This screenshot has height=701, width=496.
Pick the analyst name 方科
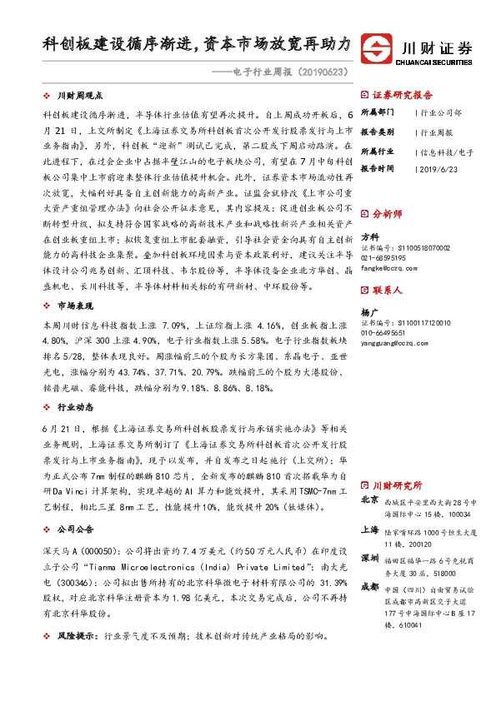click(368, 237)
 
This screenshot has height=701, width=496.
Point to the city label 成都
click(369, 586)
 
